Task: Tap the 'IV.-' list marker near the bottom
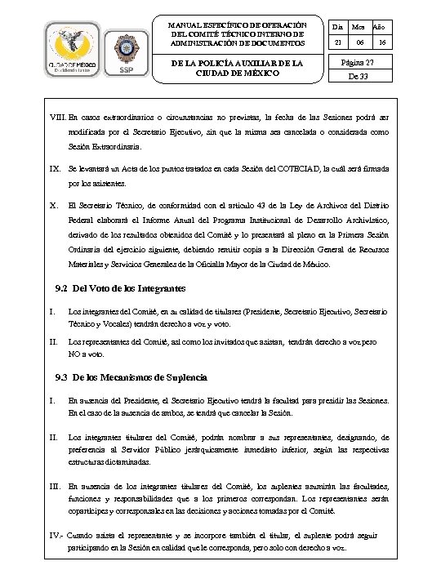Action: click(x=59, y=536)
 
